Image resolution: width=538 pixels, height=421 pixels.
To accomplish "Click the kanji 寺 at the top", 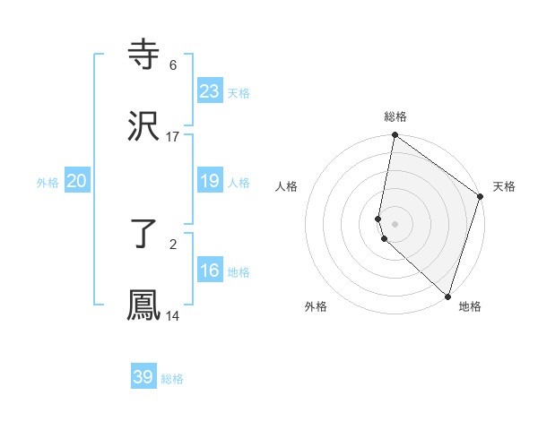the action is click(x=144, y=56).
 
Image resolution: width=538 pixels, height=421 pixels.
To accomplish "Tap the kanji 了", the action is click(x=144, y=235).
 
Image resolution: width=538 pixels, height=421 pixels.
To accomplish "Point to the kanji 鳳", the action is click(x=144, y=305).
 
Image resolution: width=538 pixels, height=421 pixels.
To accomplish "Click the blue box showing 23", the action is click(x=210, y=91).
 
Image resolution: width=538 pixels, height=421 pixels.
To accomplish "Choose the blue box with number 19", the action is click(x=210, y=181).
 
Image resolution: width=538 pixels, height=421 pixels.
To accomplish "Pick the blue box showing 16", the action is click(x=210, y=271).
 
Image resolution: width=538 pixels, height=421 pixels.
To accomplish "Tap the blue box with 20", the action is click(x=77, y=181).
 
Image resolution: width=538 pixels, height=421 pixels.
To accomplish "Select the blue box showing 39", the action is click(x=143, y=377).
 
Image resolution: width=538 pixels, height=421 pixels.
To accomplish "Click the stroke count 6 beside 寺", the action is click(x=173, y=65).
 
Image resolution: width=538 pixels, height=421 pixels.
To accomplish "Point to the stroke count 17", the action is click(x=173, y=137).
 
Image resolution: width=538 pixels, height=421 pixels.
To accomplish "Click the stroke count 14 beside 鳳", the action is click(x=173, y=316).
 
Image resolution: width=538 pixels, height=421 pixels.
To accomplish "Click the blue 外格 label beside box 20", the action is click(x=48, y=183).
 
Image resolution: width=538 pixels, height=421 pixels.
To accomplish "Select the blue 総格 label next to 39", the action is click(x=172, y=380).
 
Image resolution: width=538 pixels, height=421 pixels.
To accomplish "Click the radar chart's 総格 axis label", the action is click(x=395, y=116).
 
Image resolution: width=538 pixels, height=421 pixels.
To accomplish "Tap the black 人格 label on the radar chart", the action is click(x=287, y=186).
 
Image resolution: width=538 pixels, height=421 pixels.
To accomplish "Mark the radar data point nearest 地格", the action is click(x=447, y=296).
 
